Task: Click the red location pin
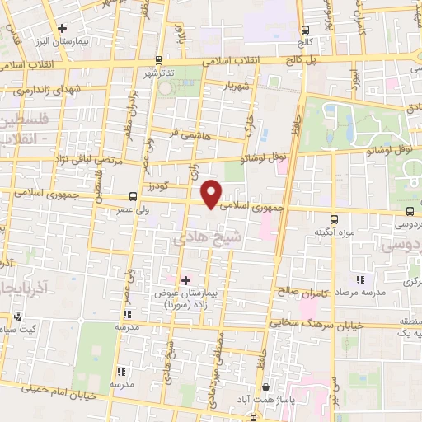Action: point(212,194)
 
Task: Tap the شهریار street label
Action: point(237,87)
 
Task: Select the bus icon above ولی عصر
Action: point(133,196)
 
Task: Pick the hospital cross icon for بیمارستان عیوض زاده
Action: point(185,281)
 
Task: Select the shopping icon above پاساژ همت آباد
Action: point(265,386)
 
